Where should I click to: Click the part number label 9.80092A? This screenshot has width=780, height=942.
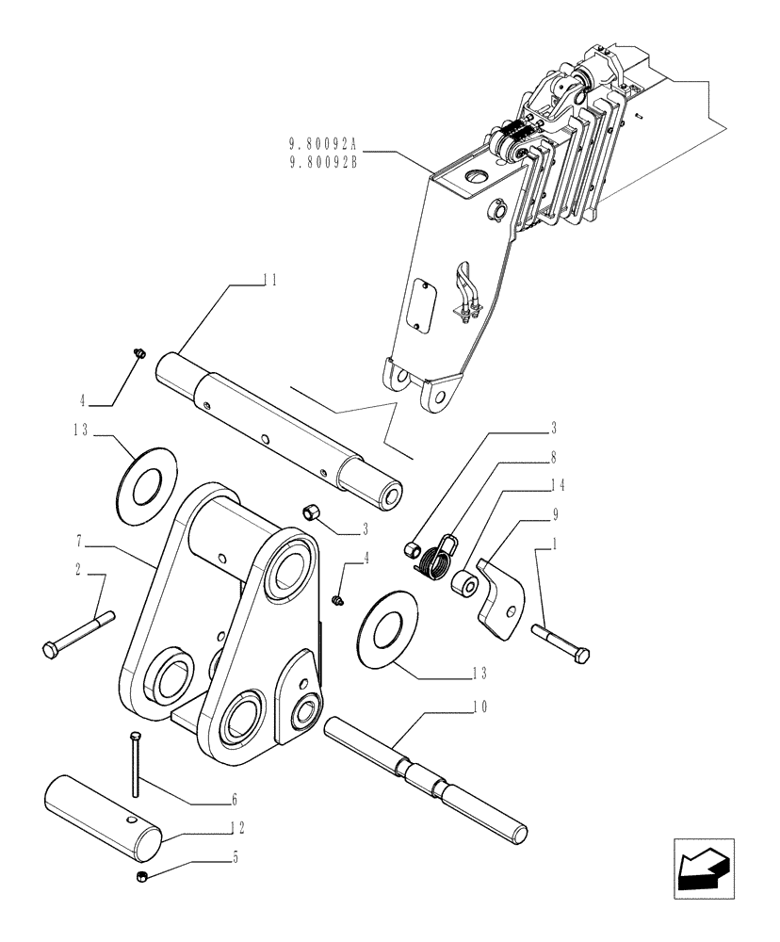pyautogui.click(x=323, y=145)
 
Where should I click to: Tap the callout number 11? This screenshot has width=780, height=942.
pyautogui.click(x=269, y=280)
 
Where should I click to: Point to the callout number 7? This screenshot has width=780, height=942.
pyautogui.click(x=79, y=544)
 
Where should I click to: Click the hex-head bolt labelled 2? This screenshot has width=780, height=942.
pyautogui.click(x=78, y=633)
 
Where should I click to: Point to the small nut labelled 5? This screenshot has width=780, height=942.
pyautogui.click(x=140, y=878)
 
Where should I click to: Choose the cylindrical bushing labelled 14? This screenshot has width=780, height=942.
pyautogui.click(x=463, y=583)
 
